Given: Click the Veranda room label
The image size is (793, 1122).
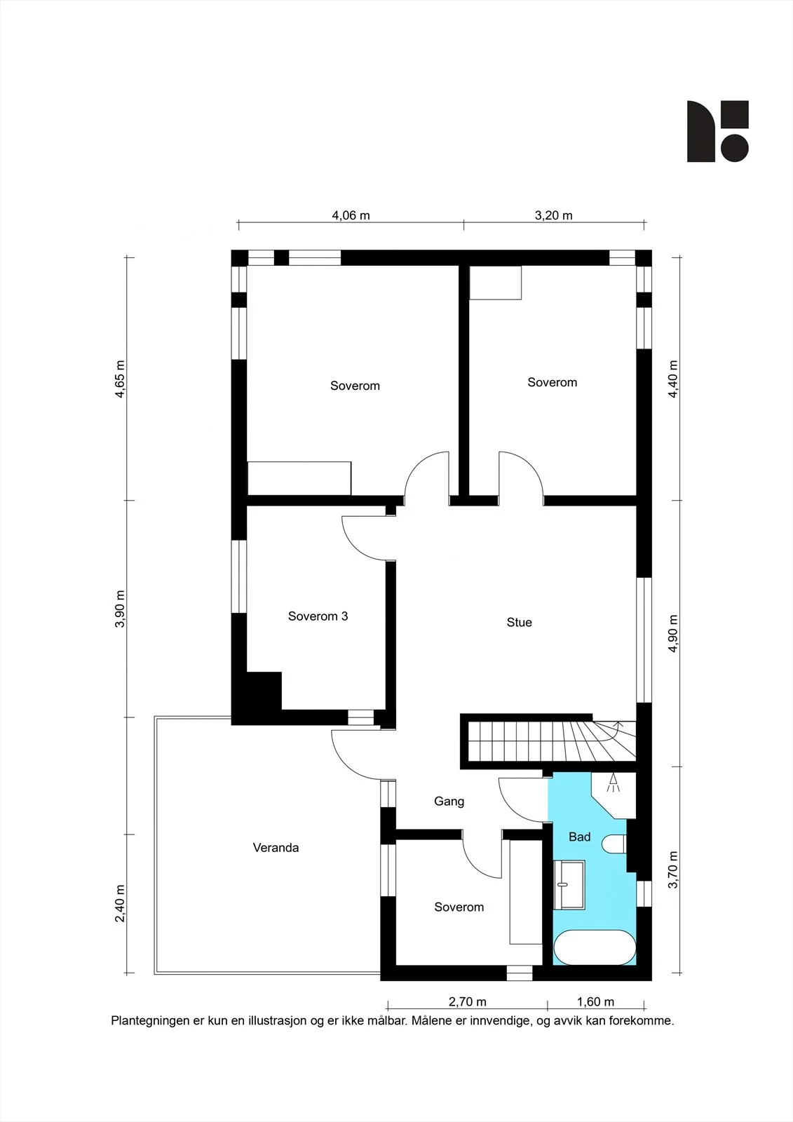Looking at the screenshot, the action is click(276, 848).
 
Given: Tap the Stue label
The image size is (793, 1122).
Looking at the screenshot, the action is click(519, 622).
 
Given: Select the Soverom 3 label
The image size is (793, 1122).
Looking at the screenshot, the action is click(318, 616).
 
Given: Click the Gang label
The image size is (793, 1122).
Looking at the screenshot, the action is click(449, 802).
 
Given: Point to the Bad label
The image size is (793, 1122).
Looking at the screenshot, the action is click(580, 837).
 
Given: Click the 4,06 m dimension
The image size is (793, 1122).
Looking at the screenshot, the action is click(351, 215).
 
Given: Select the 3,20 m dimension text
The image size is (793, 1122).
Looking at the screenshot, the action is click(553, 215).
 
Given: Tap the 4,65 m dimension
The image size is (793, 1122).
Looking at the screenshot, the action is click(120, 379).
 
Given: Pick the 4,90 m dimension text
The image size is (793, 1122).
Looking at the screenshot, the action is click(673, 633).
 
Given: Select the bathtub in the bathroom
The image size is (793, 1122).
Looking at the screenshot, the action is click(595, 947).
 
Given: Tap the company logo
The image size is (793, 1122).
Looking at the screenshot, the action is click(718, 131).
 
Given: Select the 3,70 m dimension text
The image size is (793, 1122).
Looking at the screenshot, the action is click(673, 870).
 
